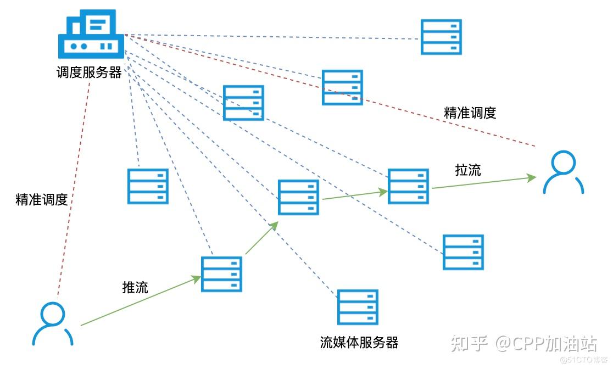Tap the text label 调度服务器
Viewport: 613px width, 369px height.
coord(89,72)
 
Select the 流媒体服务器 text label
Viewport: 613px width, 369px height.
coord(359,343)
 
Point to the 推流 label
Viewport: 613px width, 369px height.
coord(135,287)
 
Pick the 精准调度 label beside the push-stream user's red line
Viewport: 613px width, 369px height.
coord(42,199)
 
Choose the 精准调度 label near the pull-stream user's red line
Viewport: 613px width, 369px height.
coord(470,113)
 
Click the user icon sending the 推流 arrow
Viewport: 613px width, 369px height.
coord(52,323)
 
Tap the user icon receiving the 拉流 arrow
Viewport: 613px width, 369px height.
coord(563,172)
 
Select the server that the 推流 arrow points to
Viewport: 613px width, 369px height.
coord(221,274)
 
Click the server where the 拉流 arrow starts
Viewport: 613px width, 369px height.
coord(408,187)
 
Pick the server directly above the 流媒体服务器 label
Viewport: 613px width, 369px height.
coord(358,307)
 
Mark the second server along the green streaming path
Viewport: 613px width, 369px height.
coord(298,197)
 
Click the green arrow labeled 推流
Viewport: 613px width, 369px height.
coord(140,301)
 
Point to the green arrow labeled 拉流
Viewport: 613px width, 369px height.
coord(483,182)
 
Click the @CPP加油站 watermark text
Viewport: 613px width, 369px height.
coord(546,344)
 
